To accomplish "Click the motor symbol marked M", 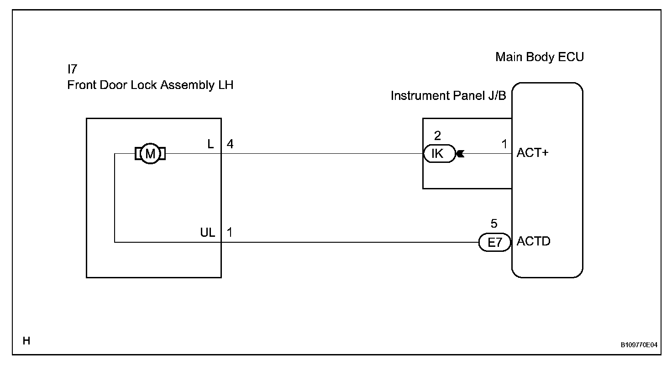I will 150,154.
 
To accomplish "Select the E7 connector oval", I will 494,242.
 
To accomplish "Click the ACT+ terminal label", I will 532,153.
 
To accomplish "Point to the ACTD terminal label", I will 533,241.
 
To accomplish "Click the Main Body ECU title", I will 540,57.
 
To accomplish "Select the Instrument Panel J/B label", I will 448,96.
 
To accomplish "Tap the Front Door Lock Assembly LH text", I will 150,85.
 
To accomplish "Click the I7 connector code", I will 72,69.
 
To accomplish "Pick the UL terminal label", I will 207,232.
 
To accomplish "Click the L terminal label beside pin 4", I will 210,144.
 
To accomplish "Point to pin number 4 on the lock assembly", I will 230,144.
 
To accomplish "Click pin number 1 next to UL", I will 230,232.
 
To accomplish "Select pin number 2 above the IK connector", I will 437,136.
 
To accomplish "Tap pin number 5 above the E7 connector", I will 493,224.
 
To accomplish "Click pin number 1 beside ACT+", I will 504,144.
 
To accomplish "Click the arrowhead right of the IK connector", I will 460,154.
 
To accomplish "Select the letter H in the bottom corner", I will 26,340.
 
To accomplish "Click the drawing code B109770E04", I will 639,345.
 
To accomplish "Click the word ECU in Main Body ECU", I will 572,57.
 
